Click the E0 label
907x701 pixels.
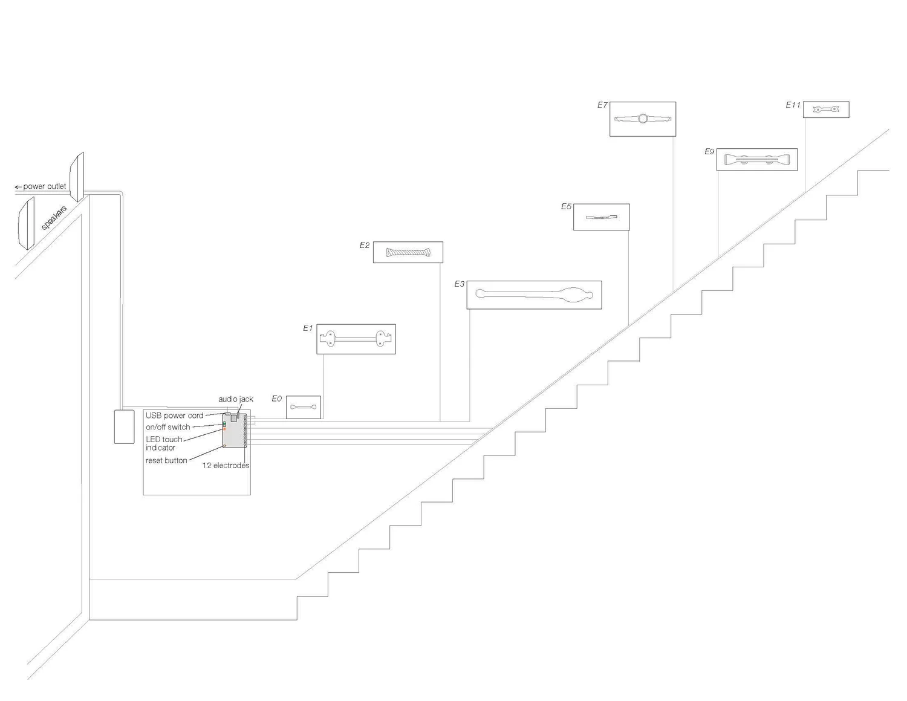tap(276, 399)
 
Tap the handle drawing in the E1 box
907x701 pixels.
tap(356, 339)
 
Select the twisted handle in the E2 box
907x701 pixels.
tap(408, 252)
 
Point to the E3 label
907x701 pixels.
tap(459, 284)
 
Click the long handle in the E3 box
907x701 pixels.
tap(534, 295)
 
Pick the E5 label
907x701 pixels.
tap(566, 206)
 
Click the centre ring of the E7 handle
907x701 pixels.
tap(643, 119)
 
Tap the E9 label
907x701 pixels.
tap(709, 151)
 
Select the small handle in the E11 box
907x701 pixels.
tap(826, 109)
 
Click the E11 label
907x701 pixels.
tap(793, 105)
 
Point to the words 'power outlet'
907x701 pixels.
tap(44, 186)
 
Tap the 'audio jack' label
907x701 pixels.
tap(236, 399)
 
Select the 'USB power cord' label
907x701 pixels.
tap(174, 416)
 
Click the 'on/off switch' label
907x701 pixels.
tap(167, 427)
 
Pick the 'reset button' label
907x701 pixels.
tap(166, 460)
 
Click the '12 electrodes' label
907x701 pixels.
tap(226, 465)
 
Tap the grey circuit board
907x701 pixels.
tap(234, 431)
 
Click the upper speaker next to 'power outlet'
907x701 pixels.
tap(77, 176)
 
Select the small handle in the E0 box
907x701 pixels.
tap(303, 406)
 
